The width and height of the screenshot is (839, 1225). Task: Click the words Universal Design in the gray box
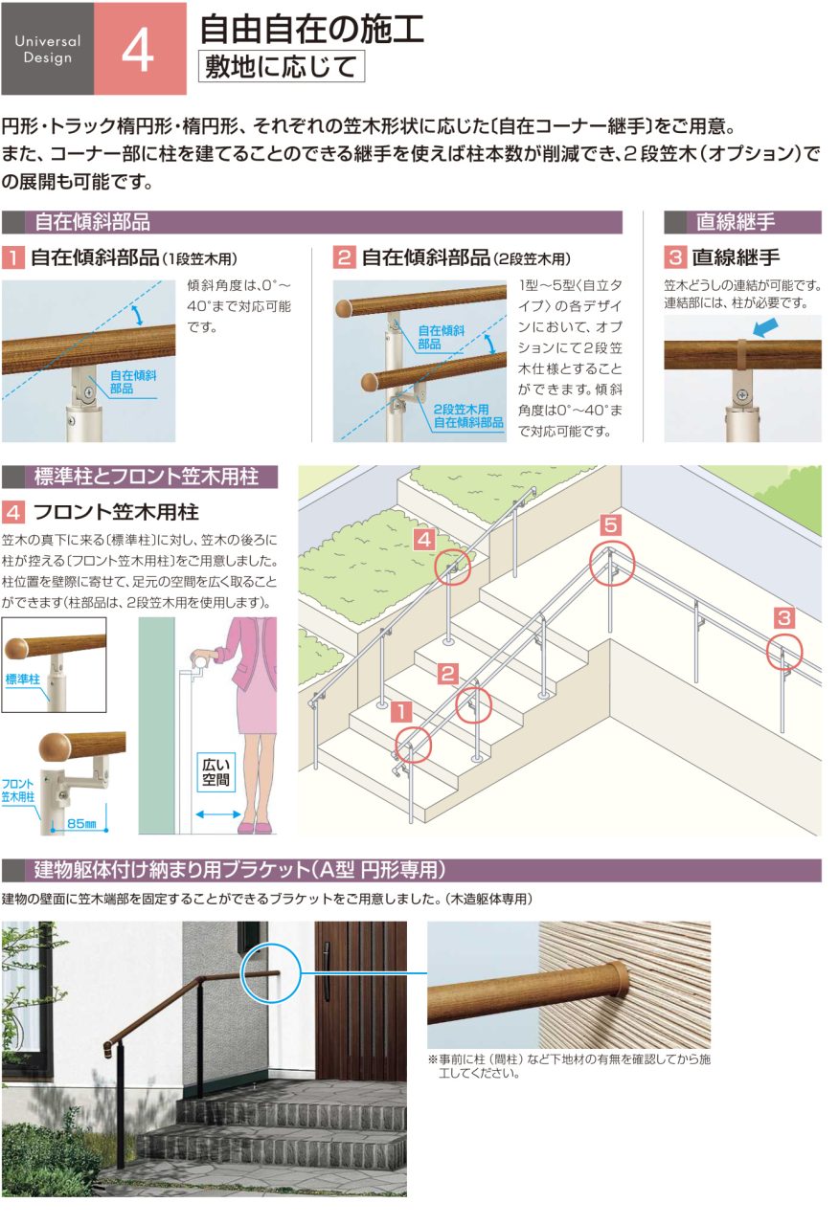pyautogui.click(x=48, y=49)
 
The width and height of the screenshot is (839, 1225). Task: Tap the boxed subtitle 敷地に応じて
pyautogui.click(x=282, y=66)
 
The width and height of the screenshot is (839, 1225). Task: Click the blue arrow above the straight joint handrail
pyautogui.click(x=765, y=327)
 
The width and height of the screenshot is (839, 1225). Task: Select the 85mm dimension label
pyautogui.click(x=81, y=822)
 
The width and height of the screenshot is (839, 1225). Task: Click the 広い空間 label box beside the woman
pyautogui.click(x=215, y=772)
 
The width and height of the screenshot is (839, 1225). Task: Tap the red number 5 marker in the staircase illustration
pyautogui.click(x=610, y=525)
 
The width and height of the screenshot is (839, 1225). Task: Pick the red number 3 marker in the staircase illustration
pyautogui.click(x=784, y=618)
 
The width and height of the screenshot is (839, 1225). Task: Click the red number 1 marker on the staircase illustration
pyautogui.click(x=402, y=711)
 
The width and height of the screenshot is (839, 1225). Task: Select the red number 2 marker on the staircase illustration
pyautogui.click(x=447, y=673)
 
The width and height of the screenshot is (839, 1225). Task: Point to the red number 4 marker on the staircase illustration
pyautogui.click(x=424, y=540)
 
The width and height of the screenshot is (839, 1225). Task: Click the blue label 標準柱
pyautogui.click(x=22, y=679)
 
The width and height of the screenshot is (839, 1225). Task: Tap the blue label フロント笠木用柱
pyautogui.click(x=17, y=791)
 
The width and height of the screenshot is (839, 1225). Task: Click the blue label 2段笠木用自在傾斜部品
pyautogui.click(x=468, y=415)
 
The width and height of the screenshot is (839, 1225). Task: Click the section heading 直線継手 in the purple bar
pyautogui.click(x=735, y=222)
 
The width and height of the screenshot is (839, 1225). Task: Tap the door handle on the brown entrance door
pyautogui.click(x=327, y=970)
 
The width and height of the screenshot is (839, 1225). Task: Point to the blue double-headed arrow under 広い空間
pyautogui.click(x=217, y=814)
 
